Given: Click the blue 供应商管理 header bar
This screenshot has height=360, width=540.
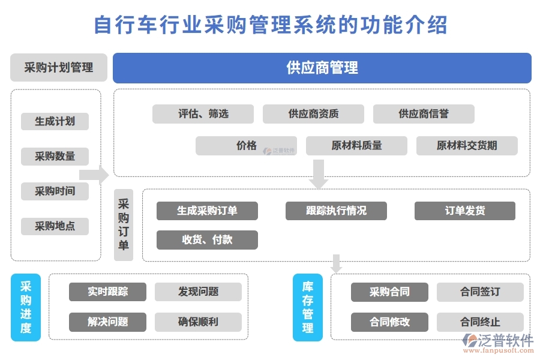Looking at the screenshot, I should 322,68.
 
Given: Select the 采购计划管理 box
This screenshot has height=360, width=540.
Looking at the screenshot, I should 59,68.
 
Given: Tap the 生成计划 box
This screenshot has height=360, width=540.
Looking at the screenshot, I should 55,121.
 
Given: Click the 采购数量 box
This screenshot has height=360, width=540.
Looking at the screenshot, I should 55,157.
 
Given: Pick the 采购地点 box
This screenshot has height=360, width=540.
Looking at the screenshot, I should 55,226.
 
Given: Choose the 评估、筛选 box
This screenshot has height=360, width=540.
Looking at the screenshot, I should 203,114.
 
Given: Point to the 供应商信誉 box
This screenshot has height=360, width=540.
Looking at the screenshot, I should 424,114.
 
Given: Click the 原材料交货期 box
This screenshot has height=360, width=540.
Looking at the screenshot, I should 467,146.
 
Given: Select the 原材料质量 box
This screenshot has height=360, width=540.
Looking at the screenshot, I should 356,146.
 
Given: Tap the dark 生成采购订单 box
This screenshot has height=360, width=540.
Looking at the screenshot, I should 207,211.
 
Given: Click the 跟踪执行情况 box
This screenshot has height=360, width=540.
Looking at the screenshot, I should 336,211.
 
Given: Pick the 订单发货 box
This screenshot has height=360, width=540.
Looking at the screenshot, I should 465,211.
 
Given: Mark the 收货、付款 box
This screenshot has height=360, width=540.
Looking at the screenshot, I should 207,239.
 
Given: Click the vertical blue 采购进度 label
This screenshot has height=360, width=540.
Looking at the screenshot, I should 26,307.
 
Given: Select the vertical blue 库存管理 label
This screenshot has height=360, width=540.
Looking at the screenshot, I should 307,307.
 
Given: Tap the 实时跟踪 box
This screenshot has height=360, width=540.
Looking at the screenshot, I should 108,292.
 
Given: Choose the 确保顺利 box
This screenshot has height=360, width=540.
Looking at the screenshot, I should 198,322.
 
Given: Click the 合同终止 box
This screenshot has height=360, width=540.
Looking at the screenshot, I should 480,322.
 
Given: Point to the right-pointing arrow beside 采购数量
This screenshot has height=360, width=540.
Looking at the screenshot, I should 94,175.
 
